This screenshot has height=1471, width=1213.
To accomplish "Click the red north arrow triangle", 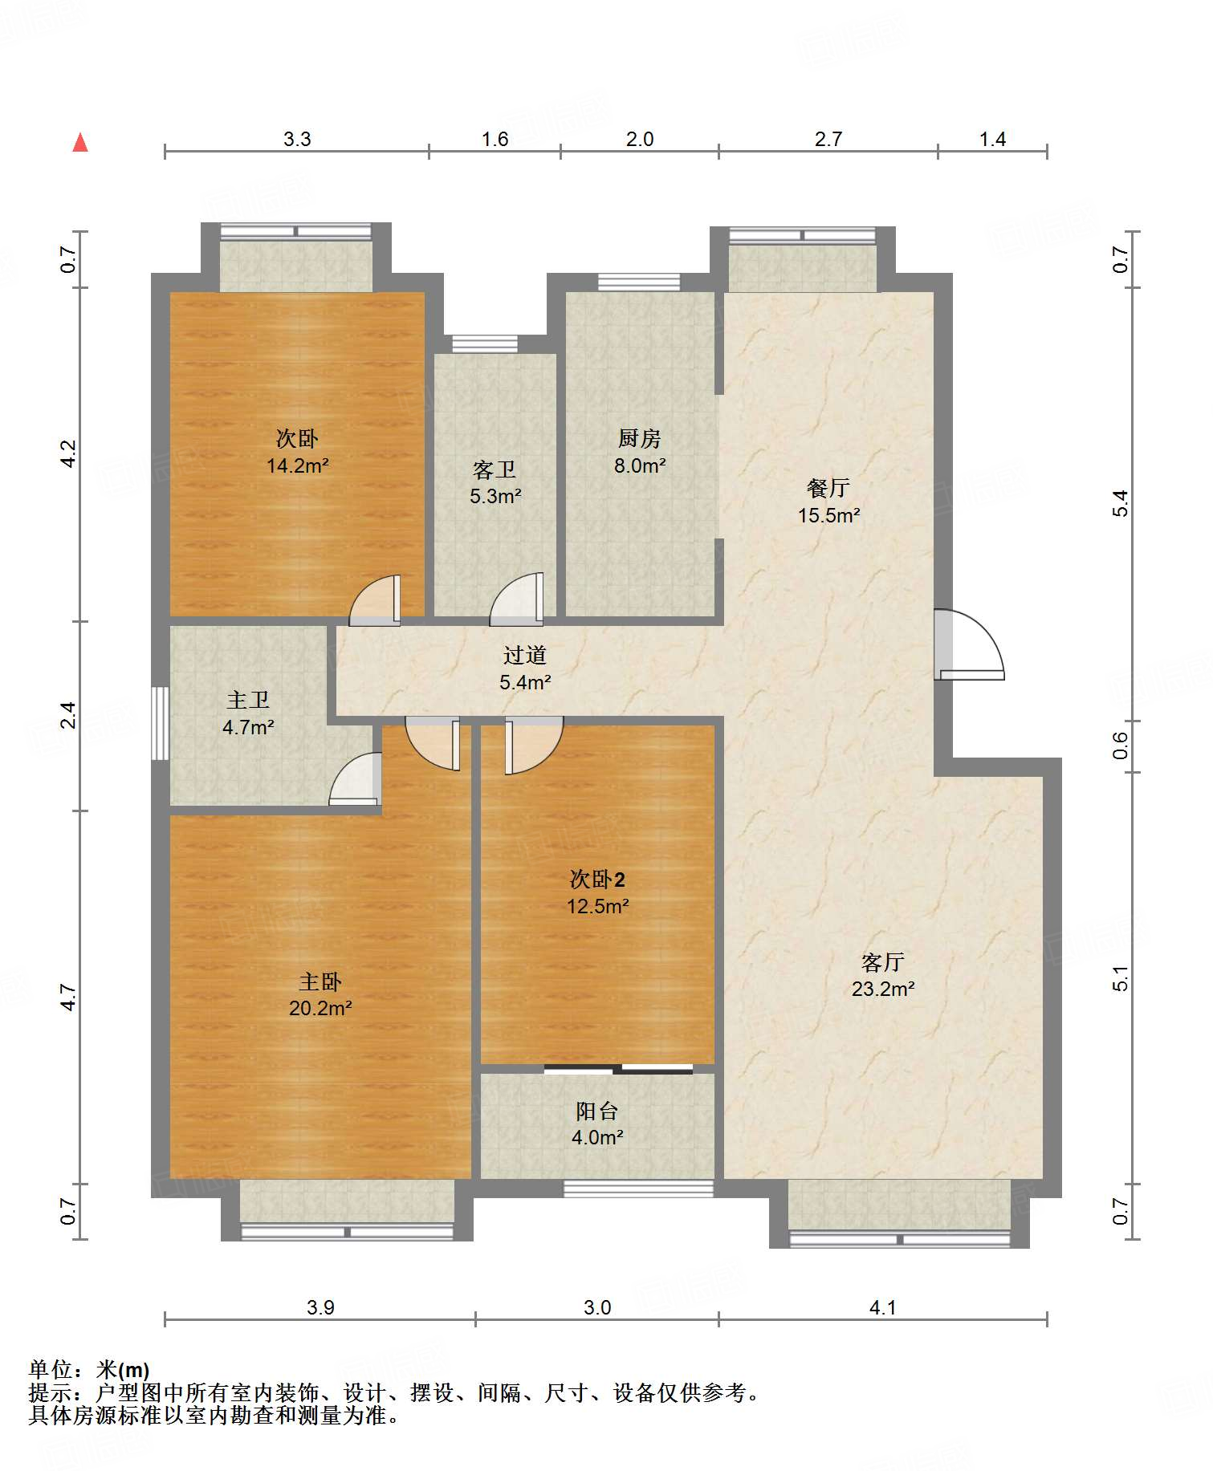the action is (x=80, y=142).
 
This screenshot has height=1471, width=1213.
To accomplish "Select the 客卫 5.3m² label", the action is (x=495, y=483).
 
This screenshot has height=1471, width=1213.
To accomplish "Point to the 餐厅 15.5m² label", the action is (x=828, y=502).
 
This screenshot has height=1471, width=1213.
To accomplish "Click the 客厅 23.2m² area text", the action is (x=883, y=975).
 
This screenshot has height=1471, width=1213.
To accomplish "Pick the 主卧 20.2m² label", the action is (x=320, y=995).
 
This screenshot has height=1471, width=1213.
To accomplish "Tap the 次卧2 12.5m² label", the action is (x=598, y=892).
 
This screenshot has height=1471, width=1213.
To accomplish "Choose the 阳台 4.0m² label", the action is (x=597, y=1124).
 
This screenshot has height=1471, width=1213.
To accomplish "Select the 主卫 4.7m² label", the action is (x=248, y=713).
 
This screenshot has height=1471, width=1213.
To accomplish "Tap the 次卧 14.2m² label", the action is (x=298, y=452).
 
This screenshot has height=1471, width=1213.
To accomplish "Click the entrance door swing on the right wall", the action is (x=969, y=644).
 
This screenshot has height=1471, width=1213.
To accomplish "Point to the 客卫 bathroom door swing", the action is (x=516, y=599).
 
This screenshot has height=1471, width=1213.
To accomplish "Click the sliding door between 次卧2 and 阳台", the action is (x=618, y=1069).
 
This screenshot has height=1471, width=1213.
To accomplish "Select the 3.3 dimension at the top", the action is (x=297, y=139).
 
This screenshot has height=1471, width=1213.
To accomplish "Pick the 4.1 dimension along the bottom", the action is (x=882, y=1307).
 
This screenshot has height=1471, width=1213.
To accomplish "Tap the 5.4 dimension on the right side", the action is (x=1121, y=503).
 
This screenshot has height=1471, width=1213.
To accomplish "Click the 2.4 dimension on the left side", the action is (x=69, y=715).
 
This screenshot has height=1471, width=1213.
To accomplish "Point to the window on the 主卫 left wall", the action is (x=161, y=723).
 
